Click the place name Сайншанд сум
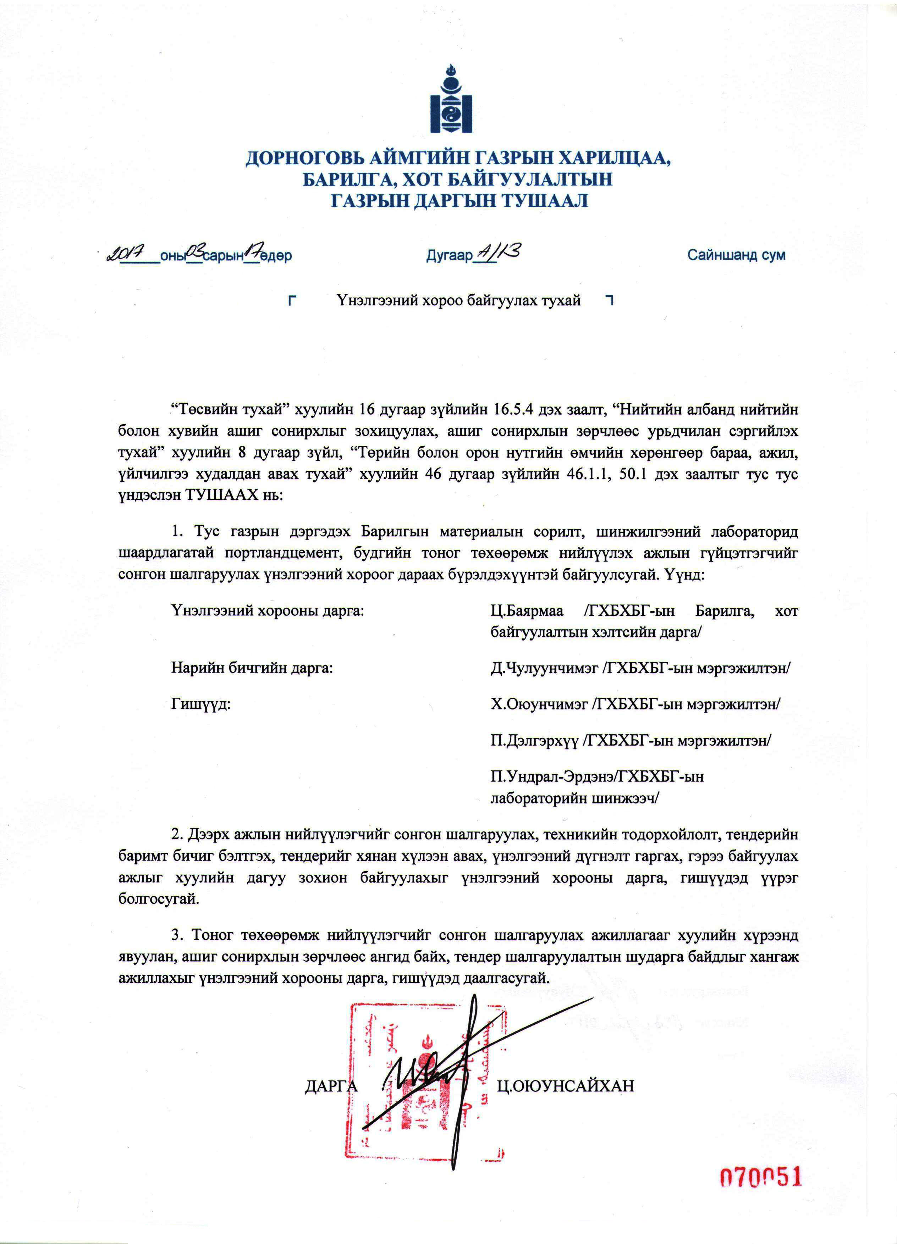click(736, 255)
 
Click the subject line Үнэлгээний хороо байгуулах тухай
click(459, 300)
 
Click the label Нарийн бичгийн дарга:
click(252, 668)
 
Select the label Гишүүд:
click(201, 704)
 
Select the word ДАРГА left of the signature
click(331, 1086)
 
